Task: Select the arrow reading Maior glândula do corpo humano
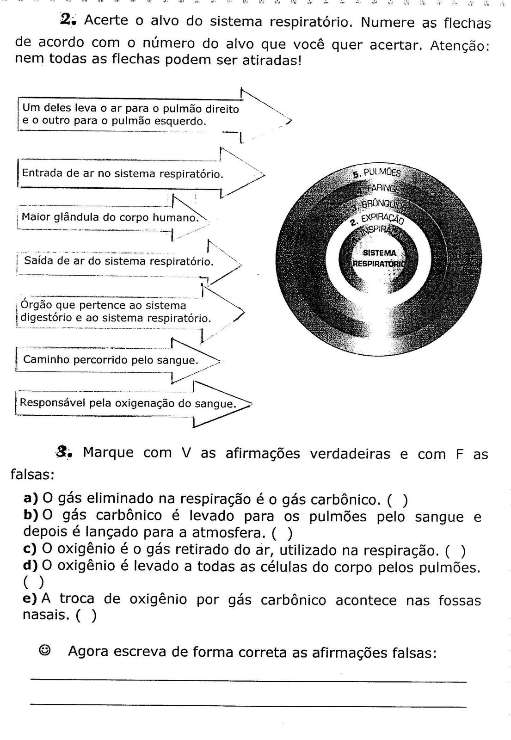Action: (111, 217)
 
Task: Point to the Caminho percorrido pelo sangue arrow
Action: (111, 359)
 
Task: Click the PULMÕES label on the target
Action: (377, 173)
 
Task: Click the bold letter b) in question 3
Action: (31, 515)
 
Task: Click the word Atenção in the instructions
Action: (459, 46)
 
